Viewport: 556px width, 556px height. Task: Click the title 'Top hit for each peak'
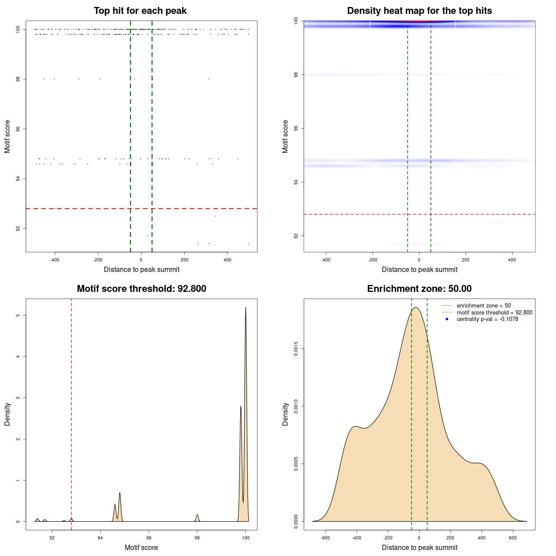[x=140, y=11]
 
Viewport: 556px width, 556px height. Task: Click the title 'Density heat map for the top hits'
[x=419, y=11]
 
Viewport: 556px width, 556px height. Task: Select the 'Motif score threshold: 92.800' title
[x=141, y=289]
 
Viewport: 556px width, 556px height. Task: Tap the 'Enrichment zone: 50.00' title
[x=419, y=289]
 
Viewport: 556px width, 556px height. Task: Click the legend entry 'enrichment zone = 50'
[x=483, y=306]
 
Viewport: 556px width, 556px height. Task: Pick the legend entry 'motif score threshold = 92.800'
[x=494, y=312]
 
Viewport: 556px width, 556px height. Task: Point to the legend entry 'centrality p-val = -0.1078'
[x=487, y=319]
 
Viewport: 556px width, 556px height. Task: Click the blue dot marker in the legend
[x=447, y=319]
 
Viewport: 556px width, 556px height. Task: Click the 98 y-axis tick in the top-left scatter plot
[x=18, y=79]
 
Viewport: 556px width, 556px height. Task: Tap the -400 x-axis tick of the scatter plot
[x=55, y=260]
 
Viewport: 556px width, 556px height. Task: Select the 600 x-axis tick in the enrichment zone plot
[x=513, y=538]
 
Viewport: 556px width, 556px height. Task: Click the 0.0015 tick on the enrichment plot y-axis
[x=296, y=349]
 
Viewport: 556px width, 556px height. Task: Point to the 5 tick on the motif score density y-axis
[x=18, y=315]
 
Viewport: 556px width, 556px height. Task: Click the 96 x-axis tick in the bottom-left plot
[x=149, y=538]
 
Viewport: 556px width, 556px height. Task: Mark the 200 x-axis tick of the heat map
[x=466, y=260]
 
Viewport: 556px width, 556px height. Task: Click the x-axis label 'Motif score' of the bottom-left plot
[x=141, y=547]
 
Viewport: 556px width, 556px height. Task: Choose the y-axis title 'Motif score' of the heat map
[x=285, y=136]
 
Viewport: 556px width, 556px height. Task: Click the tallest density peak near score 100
[x=246, y=308]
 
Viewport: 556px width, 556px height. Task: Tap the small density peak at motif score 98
[x=197, y=515]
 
